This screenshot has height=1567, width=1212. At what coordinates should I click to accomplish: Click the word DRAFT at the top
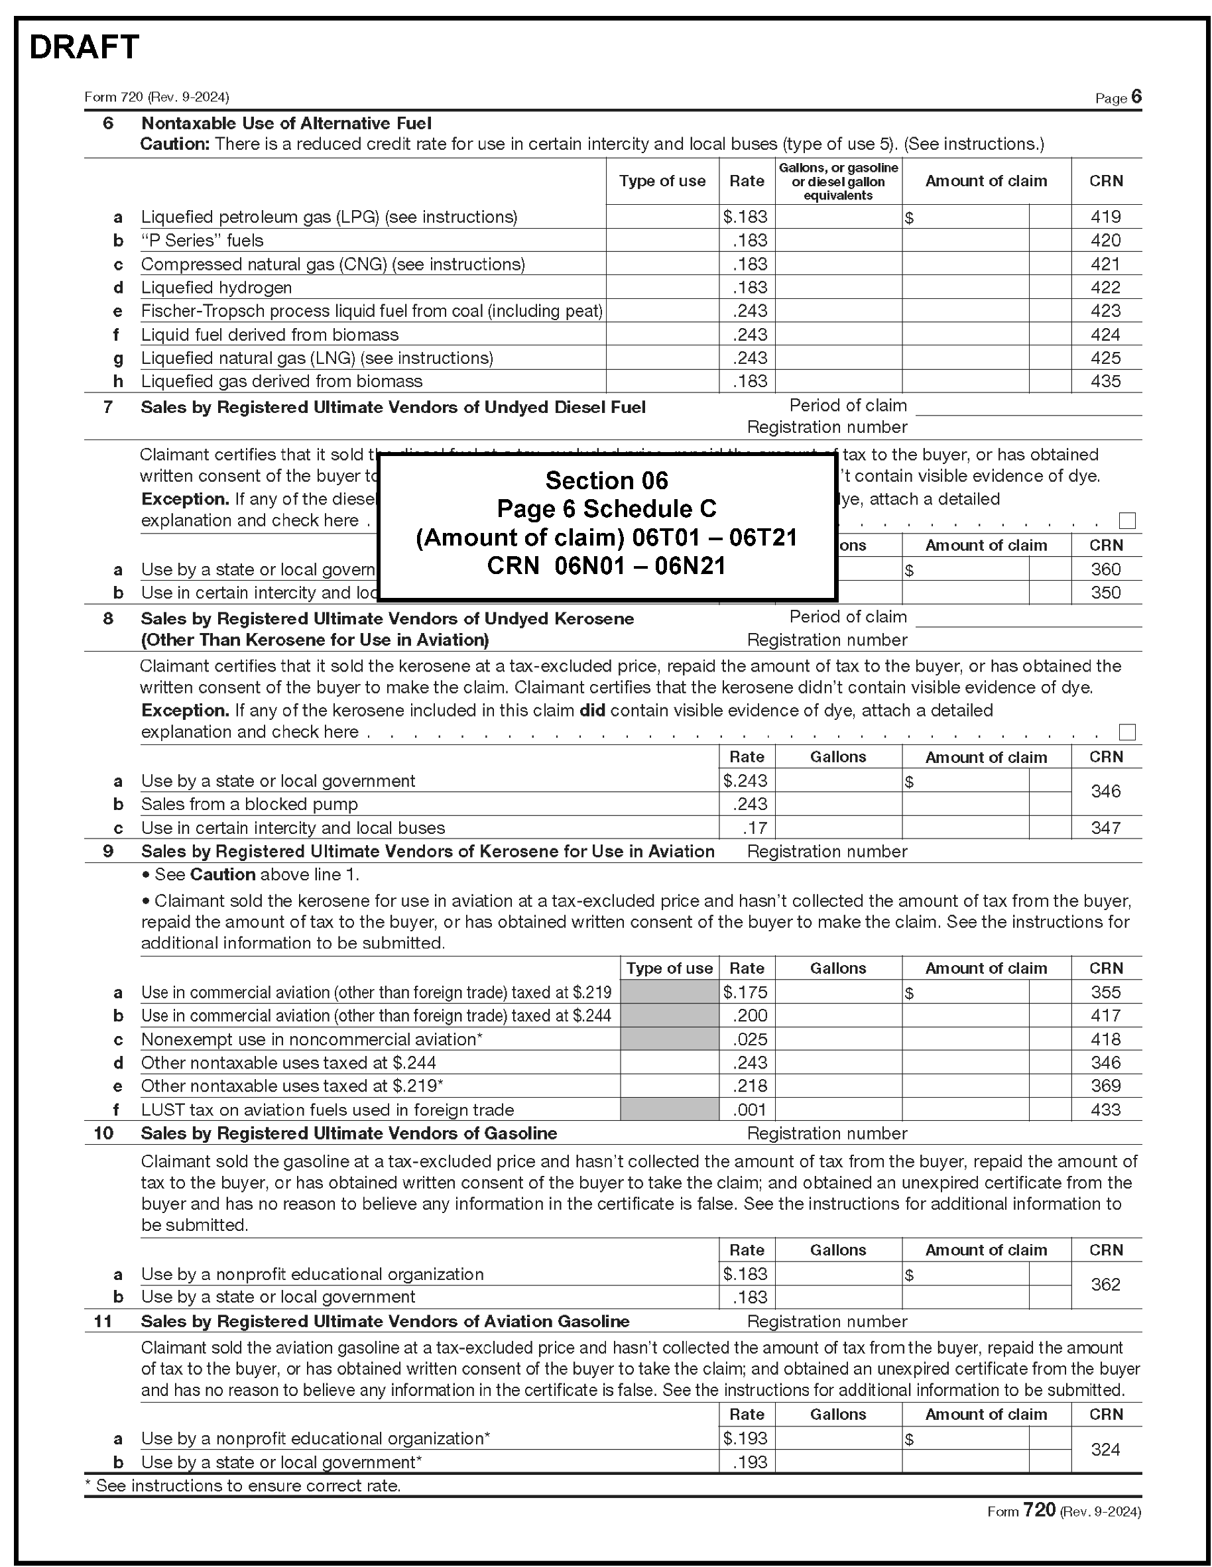[x=84, y=47]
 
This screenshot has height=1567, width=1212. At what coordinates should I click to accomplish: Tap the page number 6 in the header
[x=1136, y=97]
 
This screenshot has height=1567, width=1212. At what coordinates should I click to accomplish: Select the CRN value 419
[x=1105, y=217]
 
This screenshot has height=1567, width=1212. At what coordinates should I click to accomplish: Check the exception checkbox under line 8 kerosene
[x=1126, y=732]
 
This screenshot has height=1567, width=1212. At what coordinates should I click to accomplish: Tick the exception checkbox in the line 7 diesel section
[x=1126, y=520]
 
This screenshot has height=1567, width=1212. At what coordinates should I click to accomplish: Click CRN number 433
[x=1105, y=1109]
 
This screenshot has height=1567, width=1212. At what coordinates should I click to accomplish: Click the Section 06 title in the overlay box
[x=607, y=480]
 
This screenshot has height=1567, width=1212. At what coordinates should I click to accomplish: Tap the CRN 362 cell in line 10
[x=1105, y=1285]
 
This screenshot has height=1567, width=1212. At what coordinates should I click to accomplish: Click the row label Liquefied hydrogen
[x=216, y=288]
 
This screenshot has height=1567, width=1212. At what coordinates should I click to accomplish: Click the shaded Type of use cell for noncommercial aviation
[x=669, y=1039]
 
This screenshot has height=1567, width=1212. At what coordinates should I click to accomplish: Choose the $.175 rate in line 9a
[x=746, y=992]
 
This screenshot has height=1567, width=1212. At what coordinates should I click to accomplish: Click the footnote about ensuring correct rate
[x=243, y=1485]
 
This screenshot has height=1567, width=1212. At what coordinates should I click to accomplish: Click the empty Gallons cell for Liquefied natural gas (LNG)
[x=837, y=358]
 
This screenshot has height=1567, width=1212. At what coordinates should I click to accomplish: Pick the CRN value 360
[x=1105, y=569]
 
